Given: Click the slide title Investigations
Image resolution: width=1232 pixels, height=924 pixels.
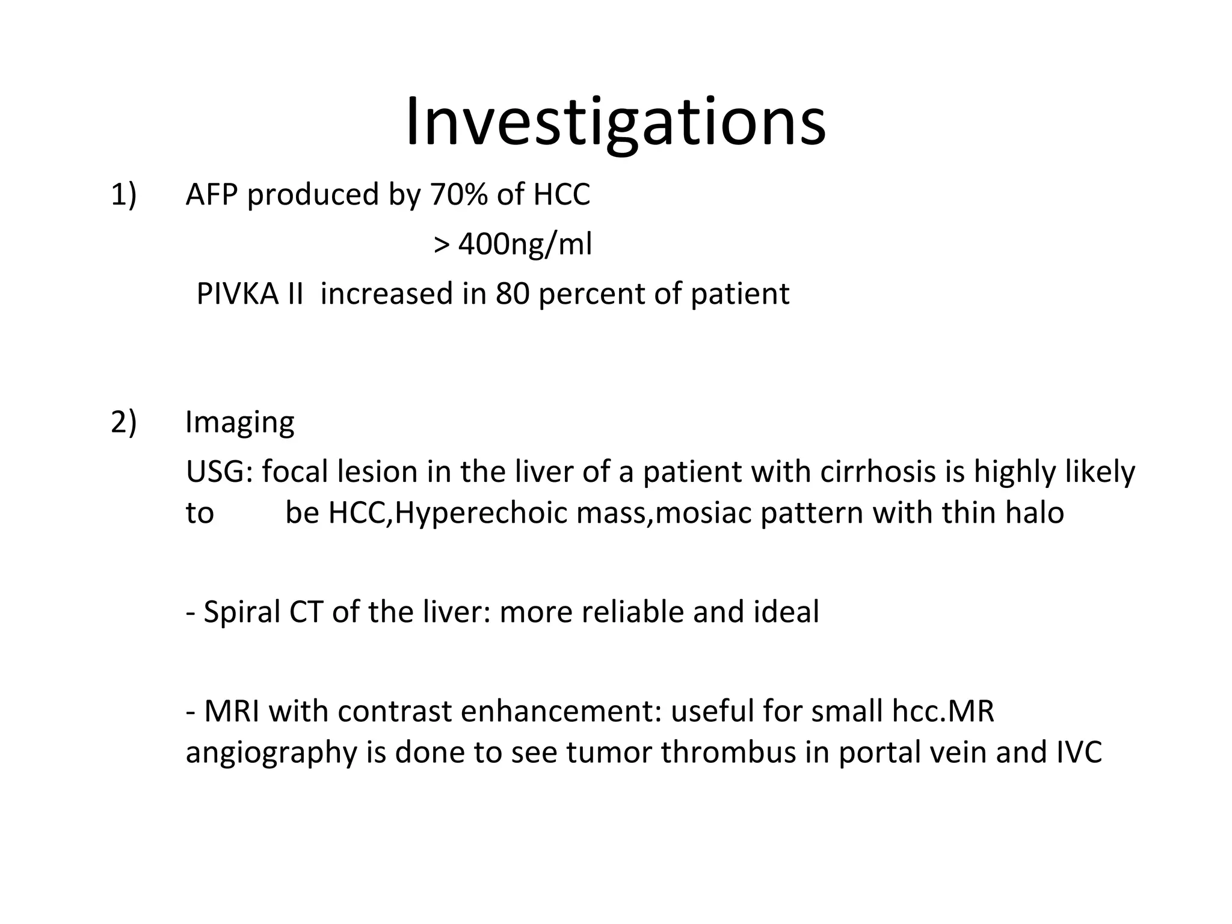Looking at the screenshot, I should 615,123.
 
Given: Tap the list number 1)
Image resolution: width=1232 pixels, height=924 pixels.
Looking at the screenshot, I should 124,195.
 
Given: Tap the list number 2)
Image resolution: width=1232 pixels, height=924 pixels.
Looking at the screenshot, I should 124,422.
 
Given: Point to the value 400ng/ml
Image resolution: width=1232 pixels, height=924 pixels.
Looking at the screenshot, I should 525,245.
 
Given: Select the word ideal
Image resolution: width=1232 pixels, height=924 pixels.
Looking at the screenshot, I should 786,612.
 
